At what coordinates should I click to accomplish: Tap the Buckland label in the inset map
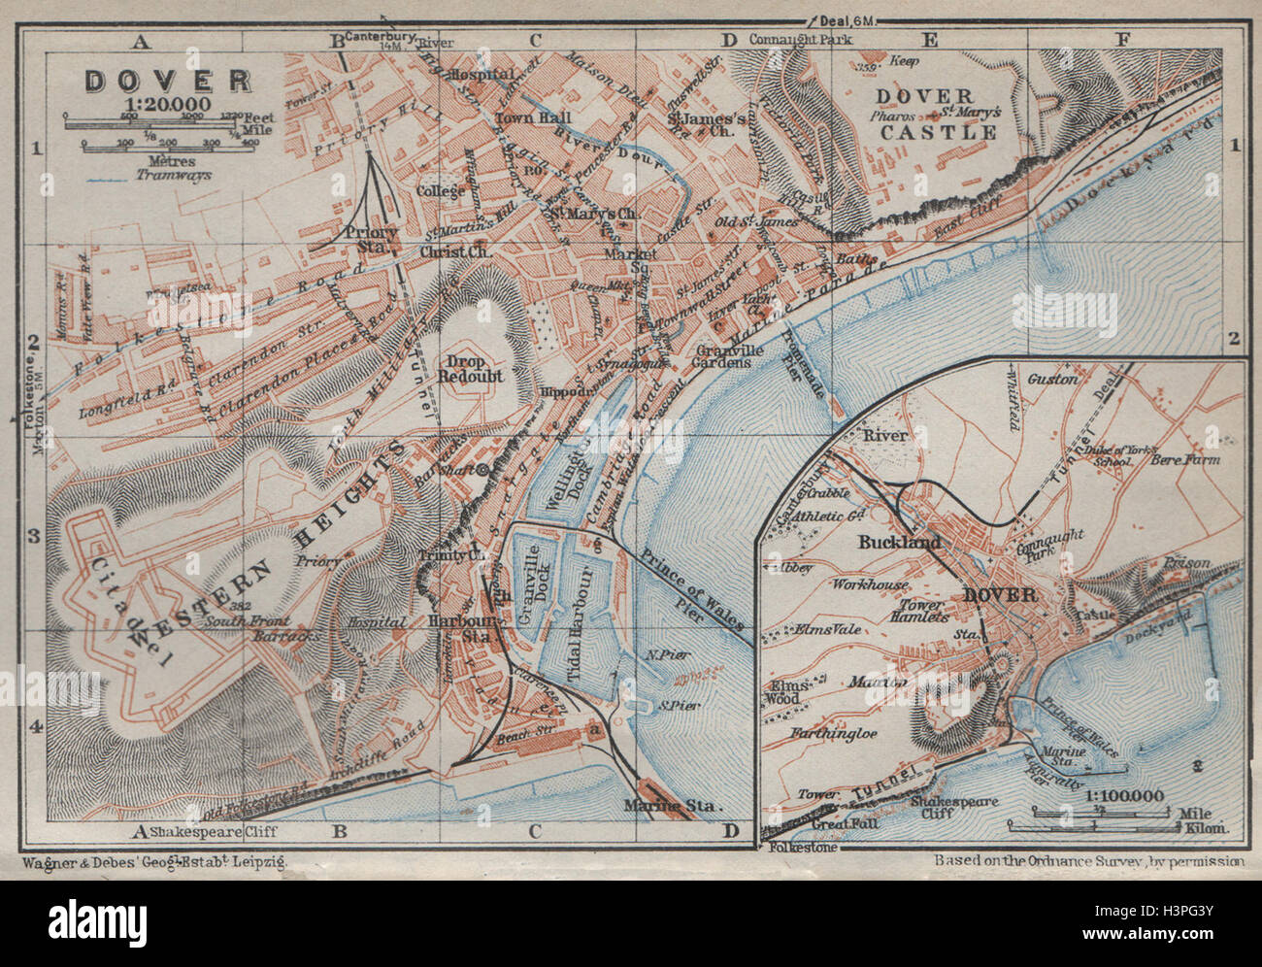click(898, 543)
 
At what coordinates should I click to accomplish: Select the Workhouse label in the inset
click(869, 584)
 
